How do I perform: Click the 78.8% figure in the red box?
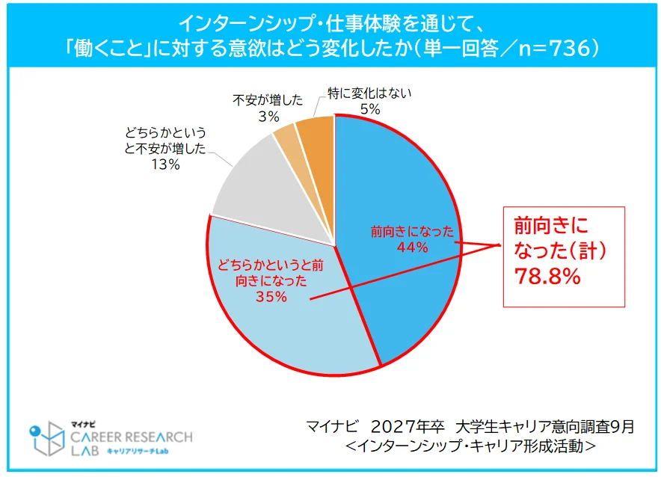click(x=547, y=277)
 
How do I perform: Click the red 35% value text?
click(x=271, y=296)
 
